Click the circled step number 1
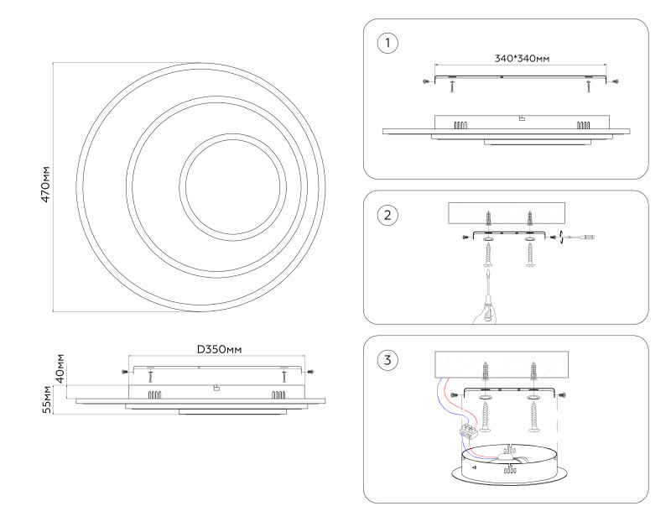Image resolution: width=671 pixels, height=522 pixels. [x=387, y=43]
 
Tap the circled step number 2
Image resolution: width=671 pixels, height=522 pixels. [x=387, y=215]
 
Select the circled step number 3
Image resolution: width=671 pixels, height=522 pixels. [x=387, y=360]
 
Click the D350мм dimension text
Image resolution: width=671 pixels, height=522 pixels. [x=221, y=349]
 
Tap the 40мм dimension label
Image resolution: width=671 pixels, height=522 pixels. [x=59, y=369]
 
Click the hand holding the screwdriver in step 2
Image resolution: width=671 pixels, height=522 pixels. [x=484, y=312]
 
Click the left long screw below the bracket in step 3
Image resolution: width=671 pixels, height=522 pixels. [x=486, y=415]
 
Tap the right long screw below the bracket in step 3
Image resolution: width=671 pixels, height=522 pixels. [x=533, y=415]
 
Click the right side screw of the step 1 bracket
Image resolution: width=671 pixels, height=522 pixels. [x=616, y=81]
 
